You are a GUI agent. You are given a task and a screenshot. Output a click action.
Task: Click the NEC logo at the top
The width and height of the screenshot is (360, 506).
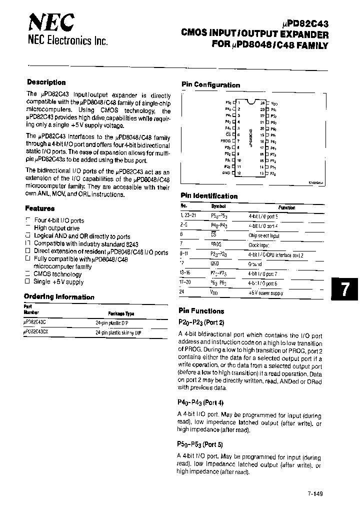[51, 22]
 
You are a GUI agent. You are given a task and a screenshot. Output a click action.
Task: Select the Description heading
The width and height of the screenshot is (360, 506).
[46, 82]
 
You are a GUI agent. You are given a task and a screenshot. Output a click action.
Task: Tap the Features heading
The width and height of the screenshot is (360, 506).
[39, 208]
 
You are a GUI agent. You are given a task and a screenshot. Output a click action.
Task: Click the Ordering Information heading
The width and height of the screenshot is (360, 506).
[59, 297]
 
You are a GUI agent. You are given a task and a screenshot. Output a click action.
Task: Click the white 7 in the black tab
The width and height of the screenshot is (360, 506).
[344, 290]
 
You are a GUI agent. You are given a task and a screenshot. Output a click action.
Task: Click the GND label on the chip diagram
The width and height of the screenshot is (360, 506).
[226, 173]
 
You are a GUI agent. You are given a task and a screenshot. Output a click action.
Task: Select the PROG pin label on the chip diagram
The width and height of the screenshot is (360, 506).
[225, 141]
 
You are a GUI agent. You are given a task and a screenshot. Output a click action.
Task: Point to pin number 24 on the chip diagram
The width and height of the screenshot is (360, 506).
[262, 102]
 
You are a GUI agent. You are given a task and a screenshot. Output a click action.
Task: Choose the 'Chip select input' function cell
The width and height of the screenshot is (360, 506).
[264, 235]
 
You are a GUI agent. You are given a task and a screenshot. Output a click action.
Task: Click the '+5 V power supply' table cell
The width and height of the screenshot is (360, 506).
[265, 293]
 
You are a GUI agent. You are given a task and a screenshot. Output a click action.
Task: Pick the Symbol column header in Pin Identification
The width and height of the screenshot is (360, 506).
[218, 206]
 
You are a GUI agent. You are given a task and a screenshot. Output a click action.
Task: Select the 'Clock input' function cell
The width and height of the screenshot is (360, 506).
[259, 245]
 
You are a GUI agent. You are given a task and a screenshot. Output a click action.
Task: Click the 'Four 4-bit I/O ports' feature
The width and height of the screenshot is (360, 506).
[59, 220]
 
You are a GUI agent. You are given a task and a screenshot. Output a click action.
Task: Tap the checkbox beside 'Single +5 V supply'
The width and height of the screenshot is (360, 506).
[28, 282]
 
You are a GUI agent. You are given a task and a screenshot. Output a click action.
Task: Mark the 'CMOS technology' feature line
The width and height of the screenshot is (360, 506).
[57, 274]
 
